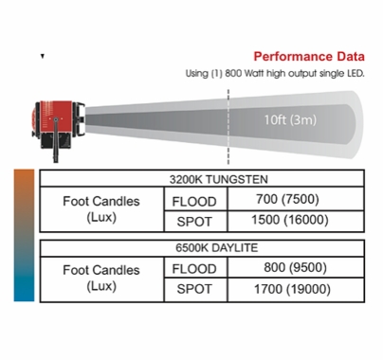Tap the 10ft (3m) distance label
(x=291, y=120)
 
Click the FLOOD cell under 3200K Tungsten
(x=195, y=201)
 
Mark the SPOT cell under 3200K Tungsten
(x=195, y=222)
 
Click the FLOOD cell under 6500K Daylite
(x=195, y=269)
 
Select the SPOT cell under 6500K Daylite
(x=195, y=290)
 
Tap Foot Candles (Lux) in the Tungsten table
(x=100, y=209)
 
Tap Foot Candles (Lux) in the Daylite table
(x=100, y=279)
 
